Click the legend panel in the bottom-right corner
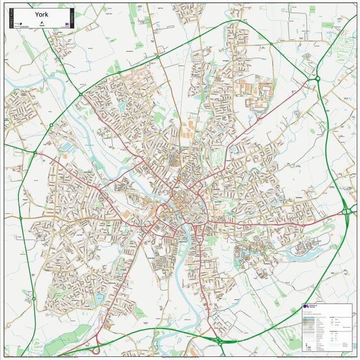tap(327, 327)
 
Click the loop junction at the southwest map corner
tap(95, 349)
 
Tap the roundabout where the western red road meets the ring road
tap(35, 153)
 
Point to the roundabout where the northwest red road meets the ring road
tap(81, 94)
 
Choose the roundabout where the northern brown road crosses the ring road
tap(158, 57)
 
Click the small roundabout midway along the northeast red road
tap(258, 119)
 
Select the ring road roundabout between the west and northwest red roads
tap(51, 125)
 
